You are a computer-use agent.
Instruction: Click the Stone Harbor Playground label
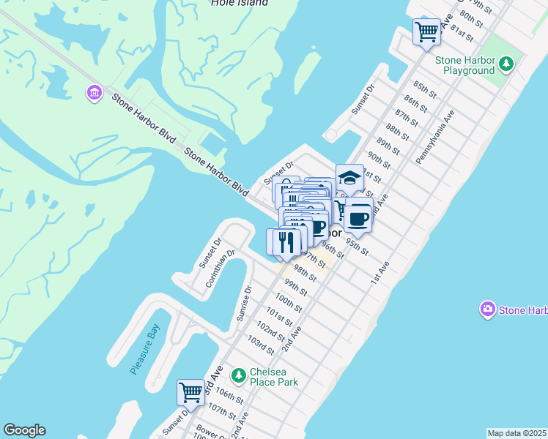[464, 66]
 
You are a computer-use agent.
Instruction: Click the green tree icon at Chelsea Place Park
[238, 376]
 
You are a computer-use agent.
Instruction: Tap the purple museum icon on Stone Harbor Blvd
[94, 92]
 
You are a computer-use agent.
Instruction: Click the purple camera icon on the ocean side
[487, 309]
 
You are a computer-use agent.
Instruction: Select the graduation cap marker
[350, 179]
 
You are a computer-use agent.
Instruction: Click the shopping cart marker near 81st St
[426, 32]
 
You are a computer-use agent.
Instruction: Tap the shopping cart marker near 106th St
[190, 392]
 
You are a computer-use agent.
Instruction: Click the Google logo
[24, 430]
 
